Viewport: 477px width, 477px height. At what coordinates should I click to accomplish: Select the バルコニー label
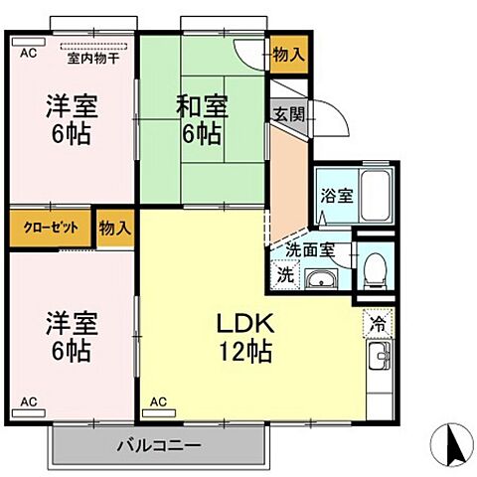[160, 445]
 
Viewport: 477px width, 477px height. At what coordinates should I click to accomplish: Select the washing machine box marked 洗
[285, 273]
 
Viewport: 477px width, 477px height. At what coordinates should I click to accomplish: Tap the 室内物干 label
[93, 59]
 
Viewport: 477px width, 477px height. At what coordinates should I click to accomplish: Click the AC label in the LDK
[158, 402]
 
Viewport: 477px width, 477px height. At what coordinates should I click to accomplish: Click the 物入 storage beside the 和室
[288, 57]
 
